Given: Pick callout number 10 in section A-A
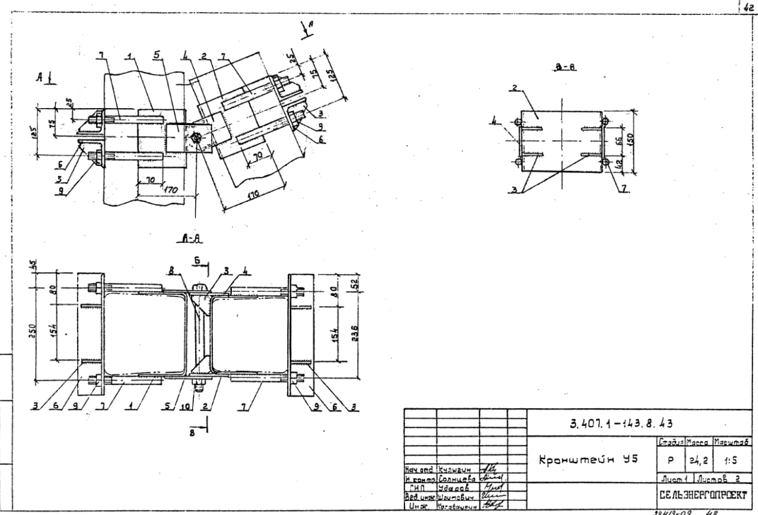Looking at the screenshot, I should pos(185,408).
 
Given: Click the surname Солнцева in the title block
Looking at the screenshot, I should pos(462,478).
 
